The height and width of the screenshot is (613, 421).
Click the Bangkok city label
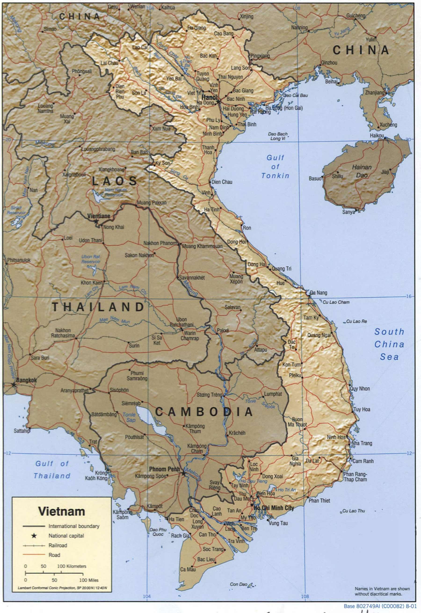(26, 380)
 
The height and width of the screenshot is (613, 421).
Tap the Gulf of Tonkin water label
(275, 167)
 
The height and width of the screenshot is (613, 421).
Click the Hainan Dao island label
(362, 171)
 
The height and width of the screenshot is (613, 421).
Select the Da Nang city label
(318, 293)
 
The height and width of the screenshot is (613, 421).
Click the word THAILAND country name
(98, 307)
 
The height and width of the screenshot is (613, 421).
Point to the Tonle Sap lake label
(129, 417)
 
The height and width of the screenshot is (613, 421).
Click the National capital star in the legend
(34, 536)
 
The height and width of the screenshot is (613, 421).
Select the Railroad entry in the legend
(58, 545)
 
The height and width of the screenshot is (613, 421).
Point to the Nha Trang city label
(362, 443)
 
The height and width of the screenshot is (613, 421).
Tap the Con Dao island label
(238, 584)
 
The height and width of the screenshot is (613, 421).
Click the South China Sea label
(389, 344)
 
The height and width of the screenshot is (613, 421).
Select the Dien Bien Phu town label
(120, 92)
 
